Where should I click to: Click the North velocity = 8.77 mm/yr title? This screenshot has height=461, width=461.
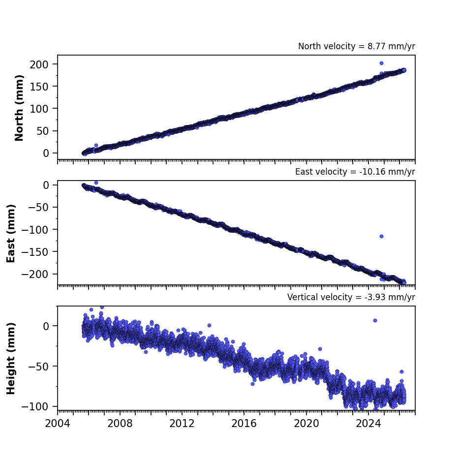point(356,46)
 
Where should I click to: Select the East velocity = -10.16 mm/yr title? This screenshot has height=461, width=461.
point(355,172)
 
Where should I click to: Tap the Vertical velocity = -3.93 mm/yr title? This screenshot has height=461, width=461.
point(351,297)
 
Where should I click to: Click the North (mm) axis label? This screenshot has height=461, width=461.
point(19,108)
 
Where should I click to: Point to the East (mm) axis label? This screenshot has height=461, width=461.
point(11,233)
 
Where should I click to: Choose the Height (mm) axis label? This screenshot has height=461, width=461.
point(11,358)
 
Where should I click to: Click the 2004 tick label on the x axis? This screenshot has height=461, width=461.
point(58,424)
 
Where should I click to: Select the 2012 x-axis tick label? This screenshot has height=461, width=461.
point(182,424)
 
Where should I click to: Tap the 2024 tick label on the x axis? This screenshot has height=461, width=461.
point(369,424)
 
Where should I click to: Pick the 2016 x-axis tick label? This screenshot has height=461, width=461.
point(244,424)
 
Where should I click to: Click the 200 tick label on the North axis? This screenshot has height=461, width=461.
point(39,64)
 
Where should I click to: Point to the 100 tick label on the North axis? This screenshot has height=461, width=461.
point(39,109)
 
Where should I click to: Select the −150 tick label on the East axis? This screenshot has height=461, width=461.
point(35,252)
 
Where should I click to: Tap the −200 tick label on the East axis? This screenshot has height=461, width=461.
point(35,275)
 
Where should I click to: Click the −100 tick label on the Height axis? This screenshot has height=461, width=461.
point(35,406)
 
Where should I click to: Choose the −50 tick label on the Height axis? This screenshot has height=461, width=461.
point(38,367)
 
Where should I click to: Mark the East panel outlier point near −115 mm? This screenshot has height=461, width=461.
point(382,236)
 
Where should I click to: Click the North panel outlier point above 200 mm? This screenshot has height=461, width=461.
point(382,63)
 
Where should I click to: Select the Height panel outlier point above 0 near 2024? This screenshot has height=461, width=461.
point(375,320)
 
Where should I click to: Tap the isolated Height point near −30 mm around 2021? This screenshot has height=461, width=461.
point(320,349)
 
